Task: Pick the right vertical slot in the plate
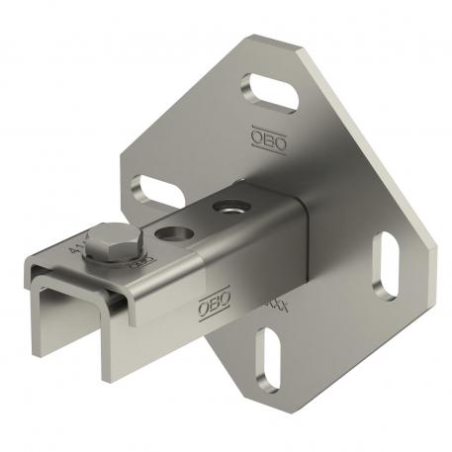pos(386,265)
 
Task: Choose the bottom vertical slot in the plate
pos(266,358)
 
